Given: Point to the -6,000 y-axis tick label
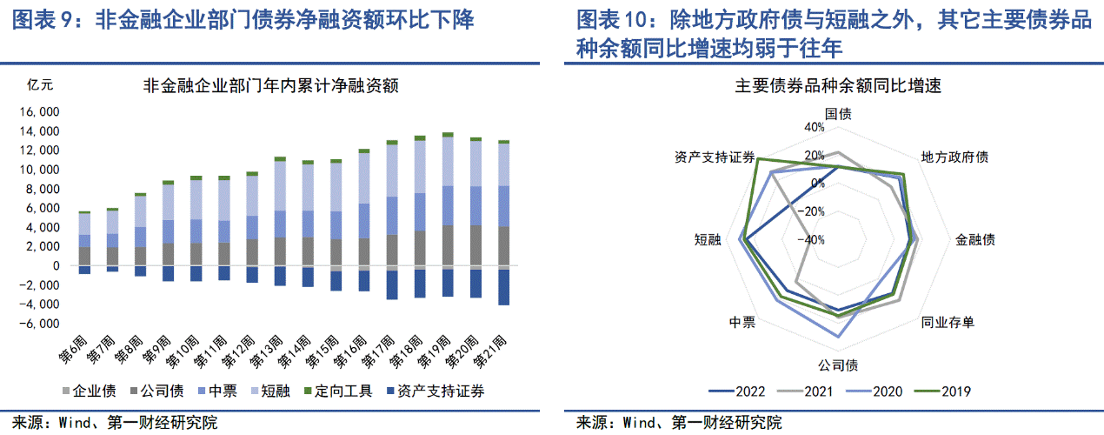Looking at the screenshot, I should [x=41, y=324].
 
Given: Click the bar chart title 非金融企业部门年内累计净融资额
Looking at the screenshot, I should [x=270, y=86].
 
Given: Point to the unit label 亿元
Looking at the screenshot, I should [x=41, y=85].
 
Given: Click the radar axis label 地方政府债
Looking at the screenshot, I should [x=954, y=157].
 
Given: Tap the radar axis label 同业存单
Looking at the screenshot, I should [x=948, y=323].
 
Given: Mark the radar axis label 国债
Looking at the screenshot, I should [x=838, y=114].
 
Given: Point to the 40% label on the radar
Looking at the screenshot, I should [x=815, y=127].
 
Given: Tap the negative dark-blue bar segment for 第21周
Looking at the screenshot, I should [x=504, y=287].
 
